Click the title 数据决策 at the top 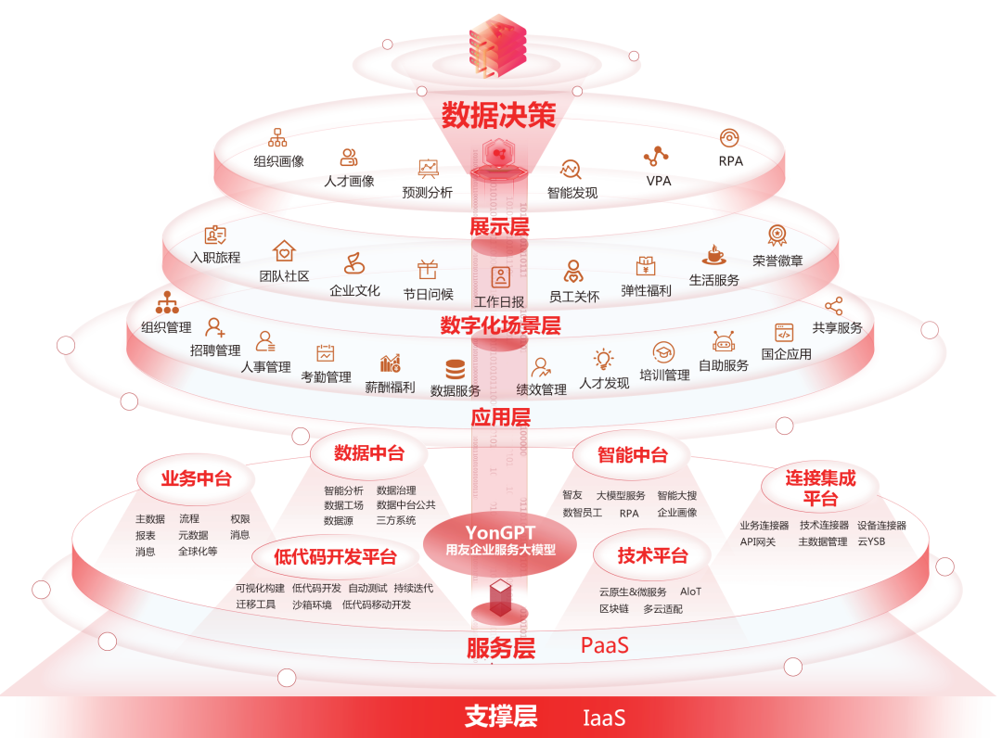(498, 115)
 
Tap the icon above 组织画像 (277, 137)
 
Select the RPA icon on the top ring (730, 138)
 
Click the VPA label (659, 181)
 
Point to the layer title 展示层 (499, 226)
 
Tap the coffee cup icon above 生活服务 (713, 255)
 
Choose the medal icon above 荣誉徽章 (777, 235)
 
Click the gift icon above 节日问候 (428, 269)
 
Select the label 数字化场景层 (500, 325)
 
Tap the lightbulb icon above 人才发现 (604, 359)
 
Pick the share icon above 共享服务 (834, 305)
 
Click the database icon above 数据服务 (456, 368)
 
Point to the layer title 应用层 (500, 417)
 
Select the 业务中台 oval (196, 478)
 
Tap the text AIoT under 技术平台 (691, 592)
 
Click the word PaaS (605, 644)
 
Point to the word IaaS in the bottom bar (604, 718)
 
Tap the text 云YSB (871, 541)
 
